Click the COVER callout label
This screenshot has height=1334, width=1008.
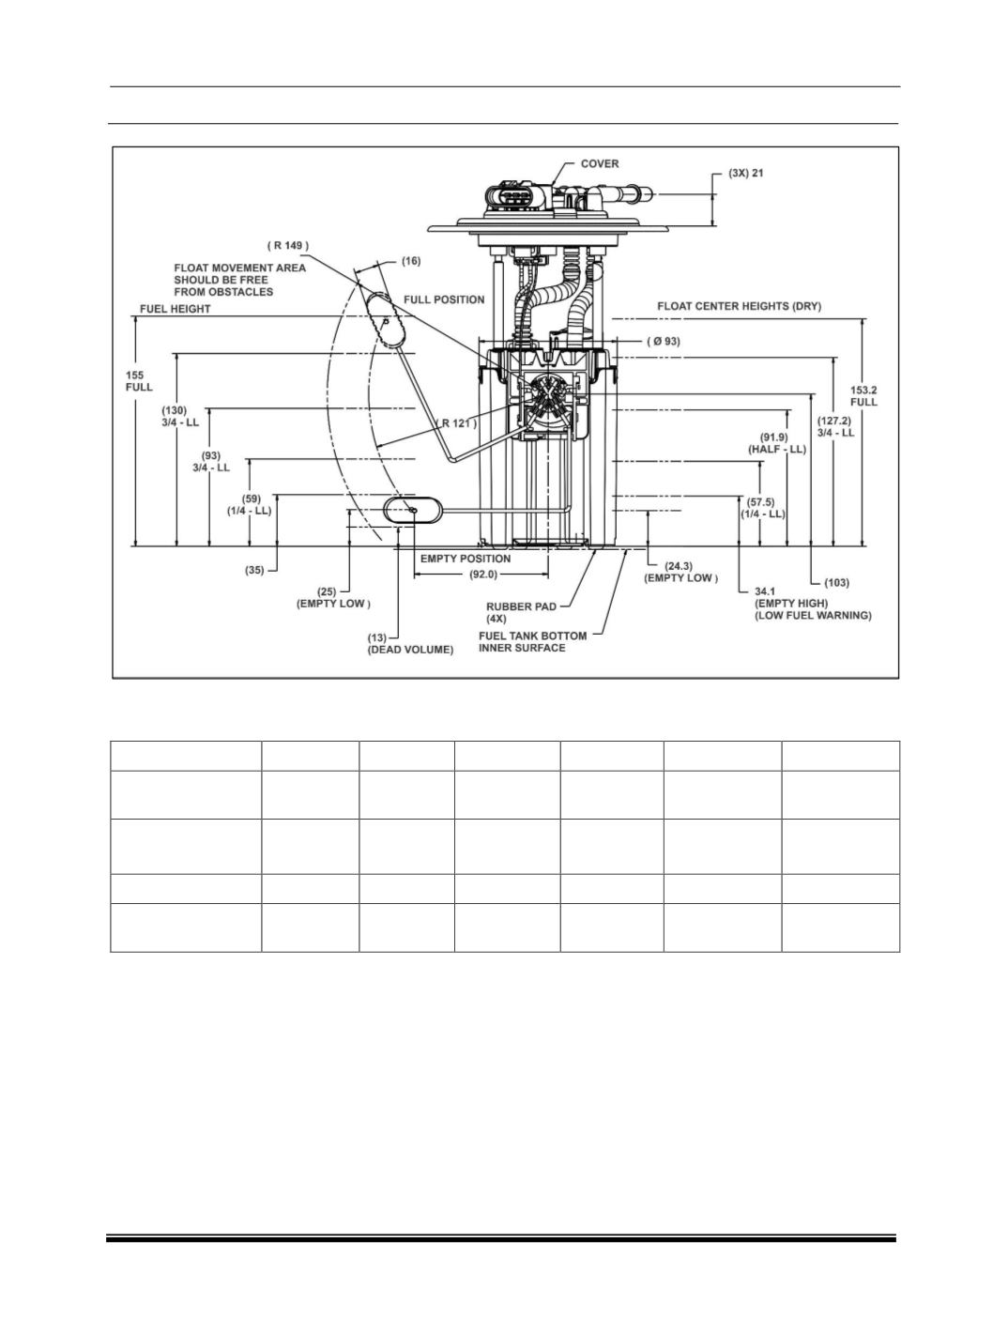click(x=599, y=163)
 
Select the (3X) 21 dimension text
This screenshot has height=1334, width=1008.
click(x=745, y=174)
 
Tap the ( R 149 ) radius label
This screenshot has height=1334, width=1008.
click(x=288, y=246)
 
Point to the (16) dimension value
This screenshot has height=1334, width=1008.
click(x=411, y=261)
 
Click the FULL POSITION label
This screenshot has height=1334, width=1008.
click(x=444, y=299)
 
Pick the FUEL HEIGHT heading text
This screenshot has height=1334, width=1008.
click(x=175, y=309)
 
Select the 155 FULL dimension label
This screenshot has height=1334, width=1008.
click(x=139, y=381)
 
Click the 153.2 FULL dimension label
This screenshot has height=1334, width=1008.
click(x=863, y=396)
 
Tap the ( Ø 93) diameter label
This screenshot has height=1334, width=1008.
click(x=663, y=341)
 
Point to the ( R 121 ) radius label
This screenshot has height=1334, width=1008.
click(x=457, y=423)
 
